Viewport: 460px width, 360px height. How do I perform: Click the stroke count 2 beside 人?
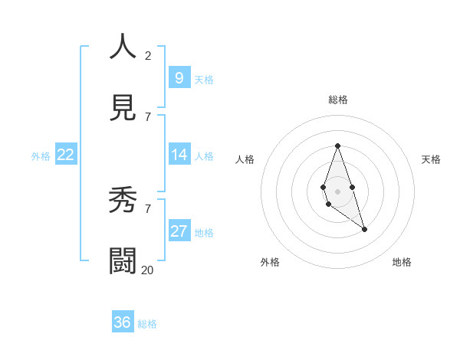[148, 56]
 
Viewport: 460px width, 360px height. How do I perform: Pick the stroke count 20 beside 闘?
[147, 270]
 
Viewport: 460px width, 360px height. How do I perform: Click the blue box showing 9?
[179, 77]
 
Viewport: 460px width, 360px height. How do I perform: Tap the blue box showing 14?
[179, 155]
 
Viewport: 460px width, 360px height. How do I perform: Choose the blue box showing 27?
[179, 231]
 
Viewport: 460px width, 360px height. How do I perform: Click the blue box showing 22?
[66, 155]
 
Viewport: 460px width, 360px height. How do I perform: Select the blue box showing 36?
[123, 322]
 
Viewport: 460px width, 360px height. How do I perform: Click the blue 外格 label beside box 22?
[41, 156]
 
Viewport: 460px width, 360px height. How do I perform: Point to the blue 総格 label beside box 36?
[147, 324]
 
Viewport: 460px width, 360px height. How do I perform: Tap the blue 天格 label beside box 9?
[204, 80]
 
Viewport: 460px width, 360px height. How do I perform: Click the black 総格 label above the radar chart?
[337, 100]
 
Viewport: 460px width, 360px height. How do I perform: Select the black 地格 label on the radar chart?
[402, 262]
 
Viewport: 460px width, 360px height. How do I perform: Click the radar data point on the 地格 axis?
[364, 229]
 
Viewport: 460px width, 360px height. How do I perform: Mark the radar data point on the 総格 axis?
[337, 146]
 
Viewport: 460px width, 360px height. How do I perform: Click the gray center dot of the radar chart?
[337, 191]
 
